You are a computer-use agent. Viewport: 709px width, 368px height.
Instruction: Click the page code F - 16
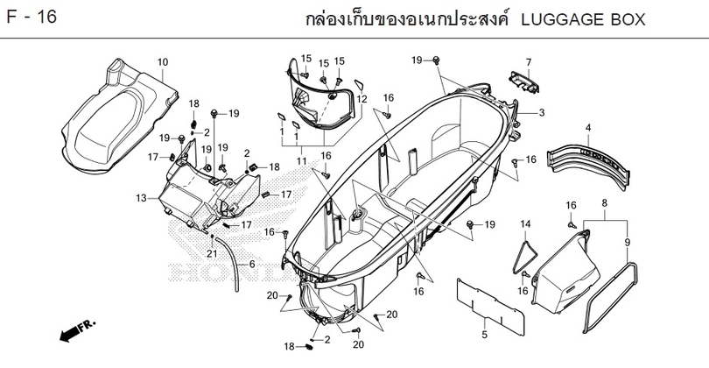32,18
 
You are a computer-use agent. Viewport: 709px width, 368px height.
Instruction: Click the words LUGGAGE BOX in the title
583,20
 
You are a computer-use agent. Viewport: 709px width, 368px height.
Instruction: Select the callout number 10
163,62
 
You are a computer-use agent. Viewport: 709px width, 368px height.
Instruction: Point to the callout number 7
528,62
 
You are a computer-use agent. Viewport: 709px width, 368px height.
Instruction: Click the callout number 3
542,113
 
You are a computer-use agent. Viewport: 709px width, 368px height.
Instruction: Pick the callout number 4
588,128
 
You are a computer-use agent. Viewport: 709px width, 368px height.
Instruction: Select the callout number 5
485,335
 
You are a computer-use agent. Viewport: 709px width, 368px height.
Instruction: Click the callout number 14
525,224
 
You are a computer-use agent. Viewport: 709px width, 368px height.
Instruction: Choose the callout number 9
627,243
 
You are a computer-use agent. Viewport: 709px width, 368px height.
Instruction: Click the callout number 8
605,202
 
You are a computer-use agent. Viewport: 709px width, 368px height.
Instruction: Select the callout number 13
141,198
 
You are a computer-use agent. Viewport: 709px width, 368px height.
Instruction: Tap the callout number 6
252,265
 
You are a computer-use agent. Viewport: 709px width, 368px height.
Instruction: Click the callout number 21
212,254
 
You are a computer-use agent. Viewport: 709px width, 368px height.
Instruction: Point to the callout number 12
362,99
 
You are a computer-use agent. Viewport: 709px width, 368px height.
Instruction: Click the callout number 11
302,161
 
